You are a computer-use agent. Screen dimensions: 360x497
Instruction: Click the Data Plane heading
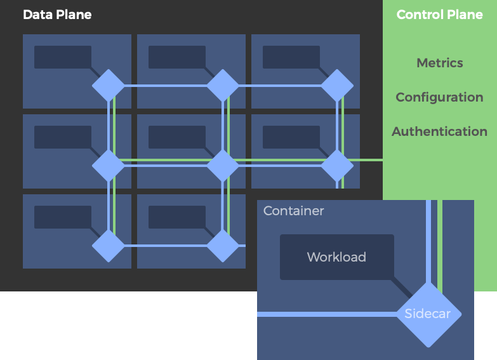(x=57, y=15)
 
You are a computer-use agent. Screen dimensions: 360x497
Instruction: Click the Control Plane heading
(x=439, y=15)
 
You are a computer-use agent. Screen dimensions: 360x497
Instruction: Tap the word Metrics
(x=439, y=63)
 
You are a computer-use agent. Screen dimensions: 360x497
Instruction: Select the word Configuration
(x=439, y=97)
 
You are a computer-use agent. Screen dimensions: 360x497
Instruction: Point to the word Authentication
(x=439, y=131)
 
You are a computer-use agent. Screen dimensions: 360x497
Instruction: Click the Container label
(x=293, y=211)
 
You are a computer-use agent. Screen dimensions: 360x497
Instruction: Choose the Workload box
(x=336, y=257)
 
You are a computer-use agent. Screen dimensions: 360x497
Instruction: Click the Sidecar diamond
(x=428, y=314)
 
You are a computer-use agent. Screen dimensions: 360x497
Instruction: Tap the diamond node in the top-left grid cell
(x=109, y=86)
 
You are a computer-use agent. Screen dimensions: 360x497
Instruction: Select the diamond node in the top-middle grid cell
(x=223, y=86)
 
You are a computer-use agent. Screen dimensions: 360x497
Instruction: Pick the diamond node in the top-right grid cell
(x=337, y=86)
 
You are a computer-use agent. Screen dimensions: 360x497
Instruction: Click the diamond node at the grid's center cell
(x=223, y=166)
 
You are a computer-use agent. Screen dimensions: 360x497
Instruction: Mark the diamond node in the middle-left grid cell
(x=109, y=166)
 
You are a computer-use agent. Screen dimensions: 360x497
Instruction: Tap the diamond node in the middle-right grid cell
(x=337, y=166)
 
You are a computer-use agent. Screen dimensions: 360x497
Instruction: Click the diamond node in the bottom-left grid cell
(x=109, y=246)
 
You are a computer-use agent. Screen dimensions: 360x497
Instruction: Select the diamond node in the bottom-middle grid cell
(x=223, y=246)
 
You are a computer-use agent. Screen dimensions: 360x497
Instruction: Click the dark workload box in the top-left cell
(x=62, y=57)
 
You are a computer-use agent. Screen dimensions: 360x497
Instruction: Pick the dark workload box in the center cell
(x=176, y=137)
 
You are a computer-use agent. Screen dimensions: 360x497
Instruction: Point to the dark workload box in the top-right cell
(x=291, y=57)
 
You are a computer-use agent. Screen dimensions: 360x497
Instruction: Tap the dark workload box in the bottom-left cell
(x=62, y=217)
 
